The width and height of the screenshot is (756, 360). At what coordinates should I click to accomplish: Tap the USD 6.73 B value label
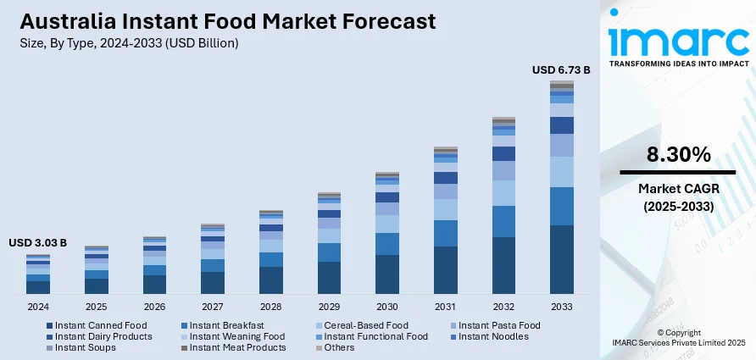point(560,69)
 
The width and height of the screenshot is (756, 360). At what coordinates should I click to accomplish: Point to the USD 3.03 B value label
point(37,243)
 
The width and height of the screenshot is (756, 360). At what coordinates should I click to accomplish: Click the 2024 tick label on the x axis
point(38,307)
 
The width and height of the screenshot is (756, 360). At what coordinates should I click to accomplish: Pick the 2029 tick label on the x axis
point(329,307)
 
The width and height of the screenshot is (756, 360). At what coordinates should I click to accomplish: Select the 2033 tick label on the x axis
point(562,307)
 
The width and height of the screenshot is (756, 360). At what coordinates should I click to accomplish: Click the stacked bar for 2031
point(446,220)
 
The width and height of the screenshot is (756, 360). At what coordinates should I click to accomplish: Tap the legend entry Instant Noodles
point(491,336)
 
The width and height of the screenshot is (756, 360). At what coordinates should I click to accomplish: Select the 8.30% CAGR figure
point(678,154)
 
